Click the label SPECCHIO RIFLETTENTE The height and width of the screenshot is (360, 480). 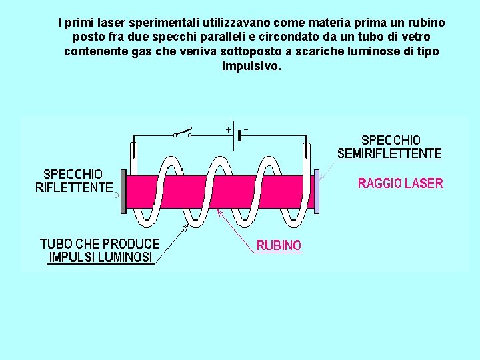pyautogui.click(x=73, y=181)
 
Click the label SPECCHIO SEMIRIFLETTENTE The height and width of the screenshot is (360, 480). pyautogui.click(x=389, y=147)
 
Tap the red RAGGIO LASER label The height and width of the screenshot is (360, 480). pyautogui.click(x=400, y=183)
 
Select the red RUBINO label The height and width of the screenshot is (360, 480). pyautogui.click(x=279, y=245)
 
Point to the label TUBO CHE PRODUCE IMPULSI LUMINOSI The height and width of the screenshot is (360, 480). pyautogui.click(x=100, y=250)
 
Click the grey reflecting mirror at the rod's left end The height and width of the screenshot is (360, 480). pyautogui.click(x=123, y=191)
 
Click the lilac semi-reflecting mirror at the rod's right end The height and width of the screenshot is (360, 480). pyautogui.click(x=317, y=191)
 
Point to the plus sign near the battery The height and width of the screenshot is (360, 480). pyautogui.click(x=228, y=129)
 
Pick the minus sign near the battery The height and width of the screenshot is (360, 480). pyautogui.click(x=247, y=129)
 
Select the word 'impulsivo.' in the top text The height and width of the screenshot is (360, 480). pyautogui.click(x=251, y=67)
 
